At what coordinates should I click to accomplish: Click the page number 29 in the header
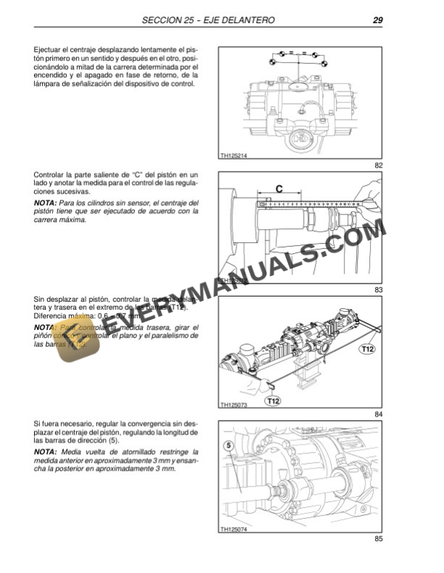click(377, 20)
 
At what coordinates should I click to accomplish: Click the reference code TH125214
click(234, 154)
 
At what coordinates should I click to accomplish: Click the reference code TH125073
click(234, 404)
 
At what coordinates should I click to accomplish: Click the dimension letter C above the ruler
click(279, 189)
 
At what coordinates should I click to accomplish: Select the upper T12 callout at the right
click(368, 350)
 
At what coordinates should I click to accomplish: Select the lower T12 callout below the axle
click(274, 400)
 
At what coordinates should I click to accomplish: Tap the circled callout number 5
click(228, 445)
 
